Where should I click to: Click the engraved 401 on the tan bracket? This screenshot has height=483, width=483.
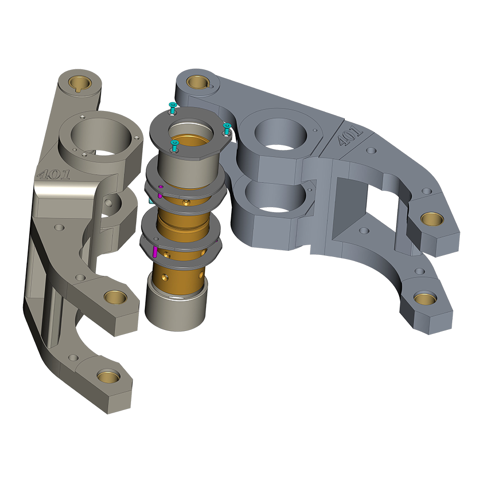click(53, 174)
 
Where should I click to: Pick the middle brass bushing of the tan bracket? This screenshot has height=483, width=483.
click(116, 296)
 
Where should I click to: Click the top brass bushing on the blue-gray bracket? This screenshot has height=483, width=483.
click(198, 82)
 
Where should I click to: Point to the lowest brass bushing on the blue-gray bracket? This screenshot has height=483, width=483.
click(425, 299)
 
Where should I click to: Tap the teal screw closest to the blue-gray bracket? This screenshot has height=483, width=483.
click(227, 128)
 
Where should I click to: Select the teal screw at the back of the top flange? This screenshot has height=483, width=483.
click(173, 107)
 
